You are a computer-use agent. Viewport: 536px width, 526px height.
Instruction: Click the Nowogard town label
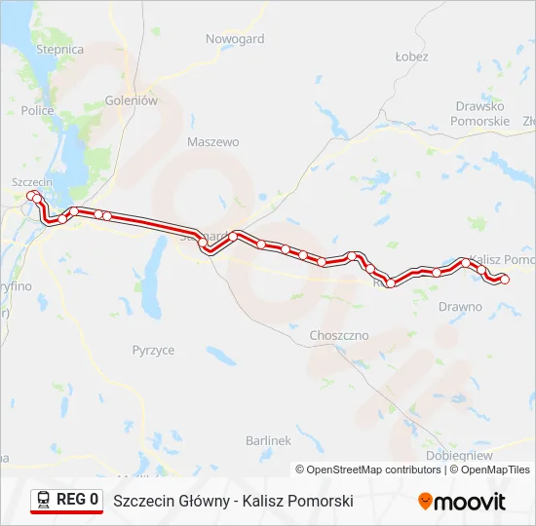tap(235, 39)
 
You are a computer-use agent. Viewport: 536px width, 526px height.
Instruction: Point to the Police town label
tap(37, 111)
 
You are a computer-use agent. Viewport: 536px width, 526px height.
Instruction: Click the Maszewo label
tap(212, 141)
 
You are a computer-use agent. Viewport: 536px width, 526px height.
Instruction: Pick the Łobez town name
tap(411, 56)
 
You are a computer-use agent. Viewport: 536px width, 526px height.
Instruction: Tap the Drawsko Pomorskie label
tap(479, 113)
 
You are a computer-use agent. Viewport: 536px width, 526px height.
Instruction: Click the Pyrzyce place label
tap(153, 349)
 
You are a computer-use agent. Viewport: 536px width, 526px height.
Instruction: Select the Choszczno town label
tap(338, 335)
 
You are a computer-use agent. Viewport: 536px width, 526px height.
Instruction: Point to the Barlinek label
tap(269, 440)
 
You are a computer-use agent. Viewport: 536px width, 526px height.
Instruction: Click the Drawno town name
tap(460, 306)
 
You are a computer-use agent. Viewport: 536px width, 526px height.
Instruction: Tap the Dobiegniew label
tap(459, 455)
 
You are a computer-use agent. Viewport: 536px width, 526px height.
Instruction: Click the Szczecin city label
tap(31, 182)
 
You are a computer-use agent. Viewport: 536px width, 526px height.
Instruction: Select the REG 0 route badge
tap(66, 501)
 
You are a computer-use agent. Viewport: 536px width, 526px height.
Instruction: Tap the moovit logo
tap(462, 502)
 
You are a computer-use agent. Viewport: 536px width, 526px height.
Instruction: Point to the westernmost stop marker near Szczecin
tap(31, 196)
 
